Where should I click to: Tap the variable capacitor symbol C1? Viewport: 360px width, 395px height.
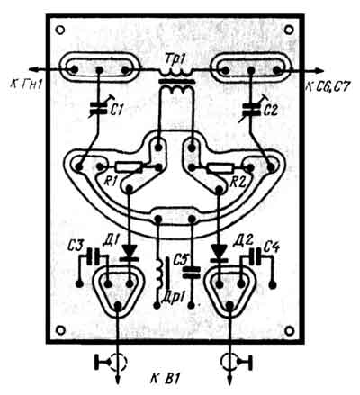coord(99,109)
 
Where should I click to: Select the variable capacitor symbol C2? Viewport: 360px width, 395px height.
coord(251,109)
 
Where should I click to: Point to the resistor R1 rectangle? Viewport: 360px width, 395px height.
coord(129,166)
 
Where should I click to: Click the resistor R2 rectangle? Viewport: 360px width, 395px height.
coord(220,168)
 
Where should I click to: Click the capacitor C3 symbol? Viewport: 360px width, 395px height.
coord(94,256)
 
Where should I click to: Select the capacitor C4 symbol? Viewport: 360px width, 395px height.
coord(256,256)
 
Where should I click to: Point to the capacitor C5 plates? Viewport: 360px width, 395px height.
coord(192,272)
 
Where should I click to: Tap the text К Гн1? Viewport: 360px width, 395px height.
coord(26,85)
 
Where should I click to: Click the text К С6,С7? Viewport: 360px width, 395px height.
coord(328,86)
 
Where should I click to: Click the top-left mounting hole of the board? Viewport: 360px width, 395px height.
coord(60,30)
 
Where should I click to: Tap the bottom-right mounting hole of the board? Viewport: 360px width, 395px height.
coord(289,330)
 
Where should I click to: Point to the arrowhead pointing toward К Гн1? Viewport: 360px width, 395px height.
coord(36,69)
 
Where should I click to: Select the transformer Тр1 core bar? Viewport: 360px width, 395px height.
coord(176,81)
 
